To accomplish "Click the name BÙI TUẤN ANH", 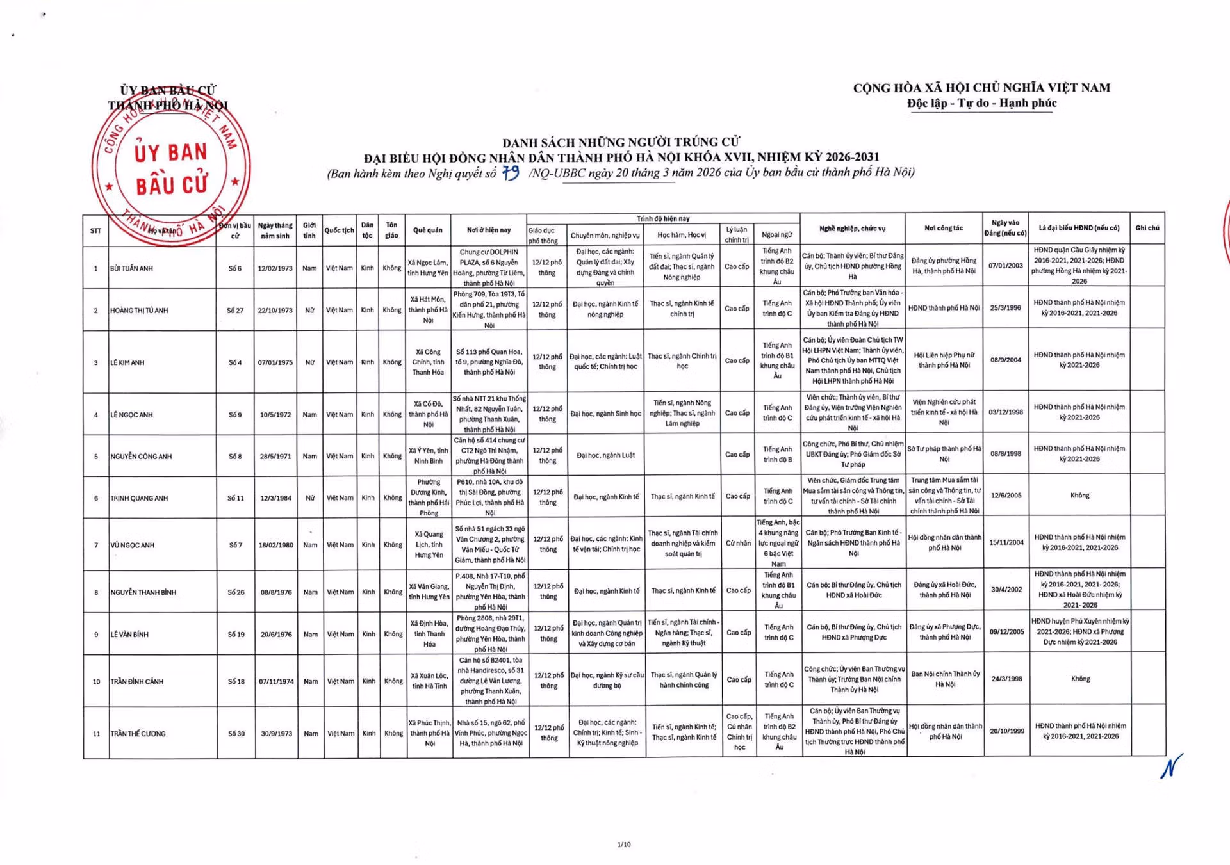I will click(131, 268).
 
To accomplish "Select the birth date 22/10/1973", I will click(275, 311).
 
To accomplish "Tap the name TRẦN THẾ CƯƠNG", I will click(138, 734).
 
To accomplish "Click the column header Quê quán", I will click(427, 230).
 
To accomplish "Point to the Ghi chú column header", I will click(1147, 228).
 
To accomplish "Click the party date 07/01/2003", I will click(1005, 265).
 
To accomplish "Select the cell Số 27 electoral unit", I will click(235, 311).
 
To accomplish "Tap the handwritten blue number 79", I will click(511, 173).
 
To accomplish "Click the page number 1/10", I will click(623, 845).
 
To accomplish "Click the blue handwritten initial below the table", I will click(1171, 766).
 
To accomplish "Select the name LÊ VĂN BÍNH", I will click(129, 635).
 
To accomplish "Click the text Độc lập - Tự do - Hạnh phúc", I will click(981, 103).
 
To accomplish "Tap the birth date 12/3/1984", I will click(275, 498).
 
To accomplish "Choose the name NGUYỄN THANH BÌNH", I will click(143, 592).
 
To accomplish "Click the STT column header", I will click(95, 230).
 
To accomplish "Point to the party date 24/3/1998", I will click(1006, 679).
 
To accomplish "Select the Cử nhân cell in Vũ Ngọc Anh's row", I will click(738, 543).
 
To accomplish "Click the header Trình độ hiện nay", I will click(663, 218).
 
